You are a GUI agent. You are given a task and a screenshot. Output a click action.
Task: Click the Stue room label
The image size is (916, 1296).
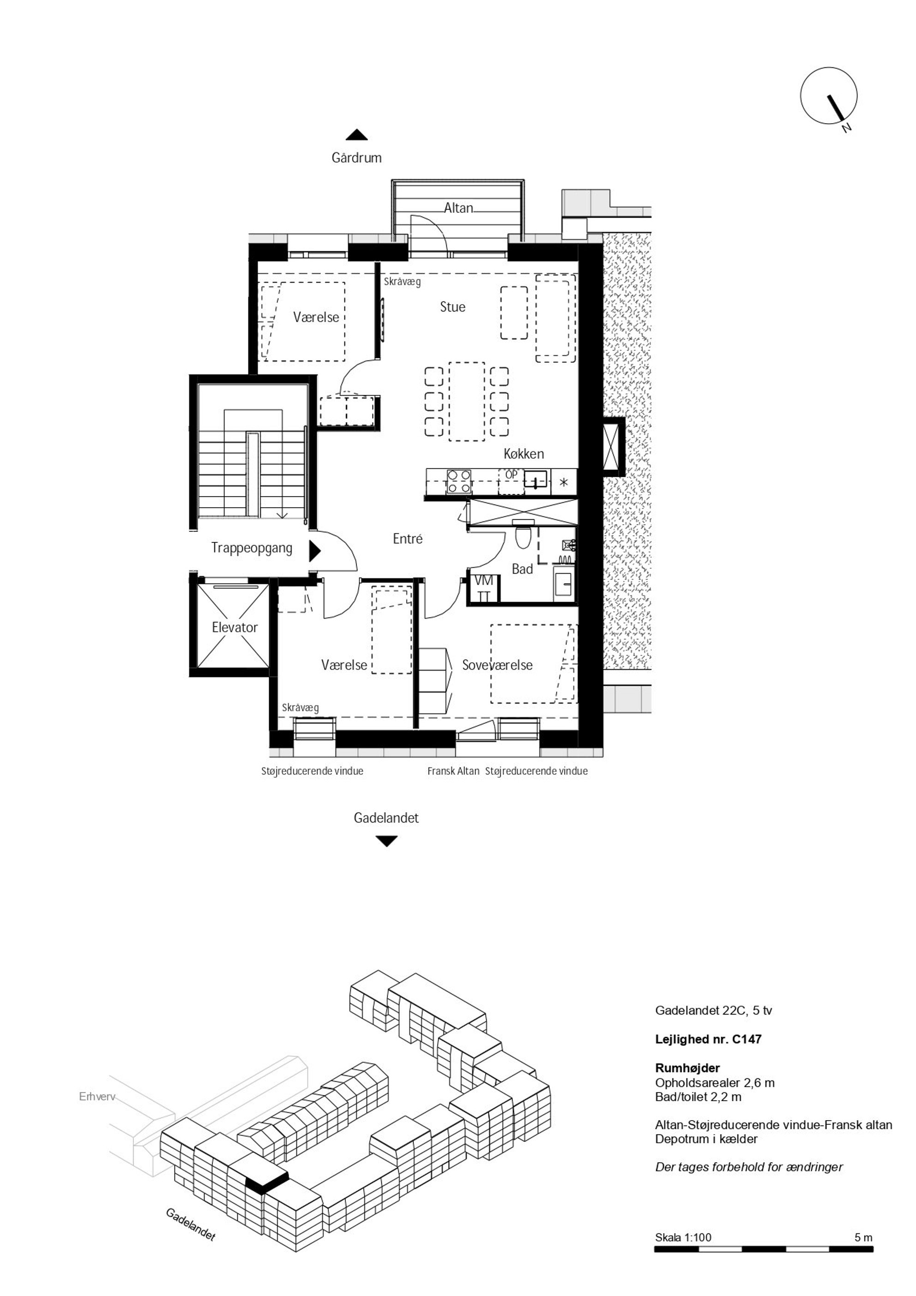(x=452, y=307)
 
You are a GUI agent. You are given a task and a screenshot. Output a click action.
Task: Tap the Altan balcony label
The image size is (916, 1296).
(x=458, y=208)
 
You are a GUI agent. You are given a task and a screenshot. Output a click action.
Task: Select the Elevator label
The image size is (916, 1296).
(x=235, y=627)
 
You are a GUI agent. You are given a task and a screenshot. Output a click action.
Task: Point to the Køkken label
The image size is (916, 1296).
(x=524, y=454)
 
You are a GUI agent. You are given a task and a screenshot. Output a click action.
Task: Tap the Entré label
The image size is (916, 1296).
(x=407, y=539)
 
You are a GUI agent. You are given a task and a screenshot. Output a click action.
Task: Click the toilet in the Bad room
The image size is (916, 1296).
(x=524, y=537)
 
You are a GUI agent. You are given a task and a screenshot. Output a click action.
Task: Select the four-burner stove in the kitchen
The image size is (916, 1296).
(x=459, y=481)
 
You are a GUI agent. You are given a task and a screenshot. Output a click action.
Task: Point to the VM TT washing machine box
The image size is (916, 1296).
(x=484, y=588)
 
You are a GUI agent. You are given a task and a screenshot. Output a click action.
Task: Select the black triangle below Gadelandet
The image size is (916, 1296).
(x=386, y=841)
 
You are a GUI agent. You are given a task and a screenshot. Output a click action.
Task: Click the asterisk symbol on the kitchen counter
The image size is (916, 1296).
(x=564, y=483)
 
